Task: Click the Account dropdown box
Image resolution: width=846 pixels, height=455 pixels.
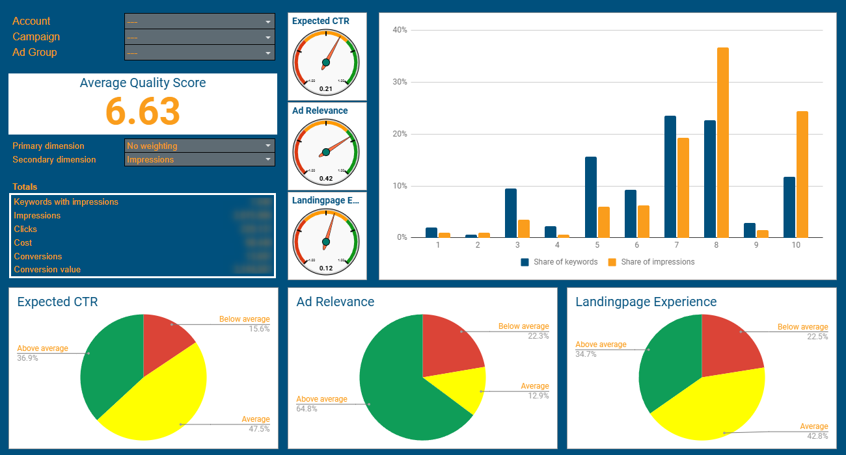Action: click(199, 21)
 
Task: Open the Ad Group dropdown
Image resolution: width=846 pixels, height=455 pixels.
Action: click(199, 53)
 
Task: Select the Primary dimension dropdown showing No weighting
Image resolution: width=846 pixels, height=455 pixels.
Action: click(199, 146)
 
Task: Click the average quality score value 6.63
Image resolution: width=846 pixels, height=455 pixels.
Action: click(143, 111)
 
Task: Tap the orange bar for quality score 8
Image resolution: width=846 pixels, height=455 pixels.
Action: click(723, 143)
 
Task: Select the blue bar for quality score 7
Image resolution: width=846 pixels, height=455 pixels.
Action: click(670, 177)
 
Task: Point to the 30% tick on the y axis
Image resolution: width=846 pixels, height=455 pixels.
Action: click(399, 82)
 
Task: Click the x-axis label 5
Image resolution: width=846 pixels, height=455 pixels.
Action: click(597, 245)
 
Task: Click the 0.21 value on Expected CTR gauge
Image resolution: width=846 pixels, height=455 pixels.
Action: click(326, 89)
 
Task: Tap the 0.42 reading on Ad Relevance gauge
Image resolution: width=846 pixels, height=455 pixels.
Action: click(326, 179)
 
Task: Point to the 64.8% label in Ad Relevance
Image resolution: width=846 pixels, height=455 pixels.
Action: click(307, 409)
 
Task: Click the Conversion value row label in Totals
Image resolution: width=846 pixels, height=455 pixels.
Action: click(48, 270)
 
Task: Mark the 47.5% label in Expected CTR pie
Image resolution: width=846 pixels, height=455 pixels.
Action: click(259, 429)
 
